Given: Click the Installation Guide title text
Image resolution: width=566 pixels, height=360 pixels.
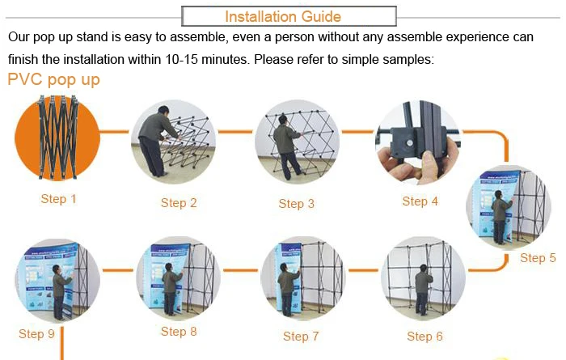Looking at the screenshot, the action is [283, 17].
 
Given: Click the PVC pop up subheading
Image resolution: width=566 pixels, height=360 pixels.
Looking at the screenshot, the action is [53, 79].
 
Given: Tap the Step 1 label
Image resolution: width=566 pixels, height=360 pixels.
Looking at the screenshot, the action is [58, 198].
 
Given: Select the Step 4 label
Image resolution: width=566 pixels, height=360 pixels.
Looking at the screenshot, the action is [420, 201].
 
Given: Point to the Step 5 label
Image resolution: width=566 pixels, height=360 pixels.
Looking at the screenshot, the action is [538, 258].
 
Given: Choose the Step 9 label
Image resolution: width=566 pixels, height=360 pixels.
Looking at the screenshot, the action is [36, 333].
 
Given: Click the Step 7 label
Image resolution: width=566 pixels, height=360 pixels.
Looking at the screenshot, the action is [301, 337].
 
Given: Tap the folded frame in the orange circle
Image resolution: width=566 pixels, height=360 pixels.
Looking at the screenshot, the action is [57, 138].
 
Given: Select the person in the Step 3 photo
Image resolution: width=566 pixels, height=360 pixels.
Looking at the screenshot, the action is [286, 147].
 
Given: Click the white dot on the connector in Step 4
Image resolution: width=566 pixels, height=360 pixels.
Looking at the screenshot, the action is [409, 143].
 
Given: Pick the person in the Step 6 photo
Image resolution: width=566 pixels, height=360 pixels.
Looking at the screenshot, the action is [424, 290].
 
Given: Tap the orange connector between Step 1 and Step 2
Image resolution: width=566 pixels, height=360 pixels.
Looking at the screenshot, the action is [114, 131].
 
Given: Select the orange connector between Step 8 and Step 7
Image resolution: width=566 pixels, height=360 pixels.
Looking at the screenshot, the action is [240, 269].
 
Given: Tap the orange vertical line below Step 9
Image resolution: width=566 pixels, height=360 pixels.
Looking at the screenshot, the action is [62, 343].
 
